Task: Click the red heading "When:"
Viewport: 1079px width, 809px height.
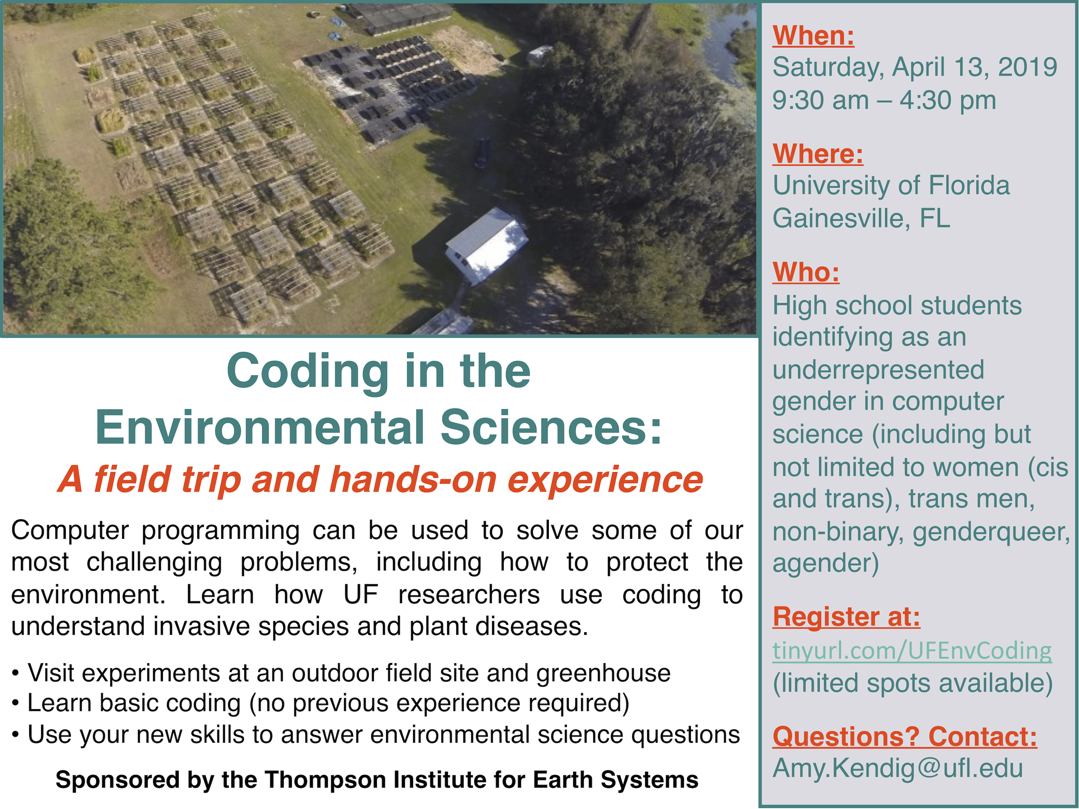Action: pyautogui.click(x=813, y=36)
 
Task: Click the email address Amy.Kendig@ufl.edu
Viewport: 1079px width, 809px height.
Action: pyautogui.click(x=897, y=768)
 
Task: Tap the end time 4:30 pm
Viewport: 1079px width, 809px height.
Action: pyautogui.click(x=947, y=100)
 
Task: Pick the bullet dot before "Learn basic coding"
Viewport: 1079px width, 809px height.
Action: pyautogui.click(x=16, y=704)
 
